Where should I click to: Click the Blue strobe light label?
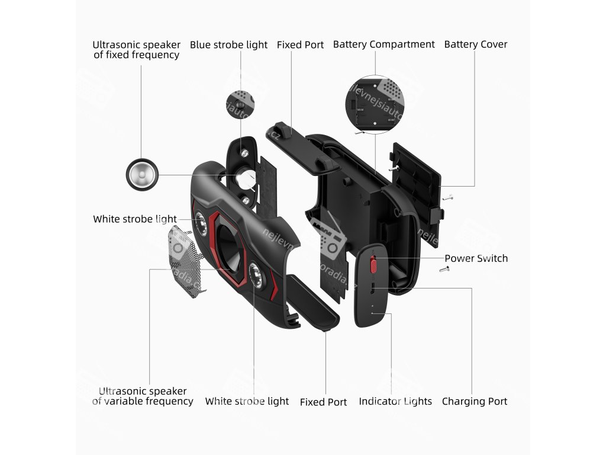point(228,45)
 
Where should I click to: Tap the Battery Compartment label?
point(383,44)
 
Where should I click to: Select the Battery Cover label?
point(475,44)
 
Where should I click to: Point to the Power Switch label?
point(476,258)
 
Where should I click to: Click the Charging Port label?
point(474,401)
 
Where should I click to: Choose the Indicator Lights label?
point(395,401)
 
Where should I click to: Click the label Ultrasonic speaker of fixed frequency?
point(136,50)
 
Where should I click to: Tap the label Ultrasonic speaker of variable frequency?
point(143,396)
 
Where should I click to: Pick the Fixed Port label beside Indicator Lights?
point(323,402)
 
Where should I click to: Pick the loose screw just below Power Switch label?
point(444,270)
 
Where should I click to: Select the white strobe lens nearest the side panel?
point(256,274)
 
